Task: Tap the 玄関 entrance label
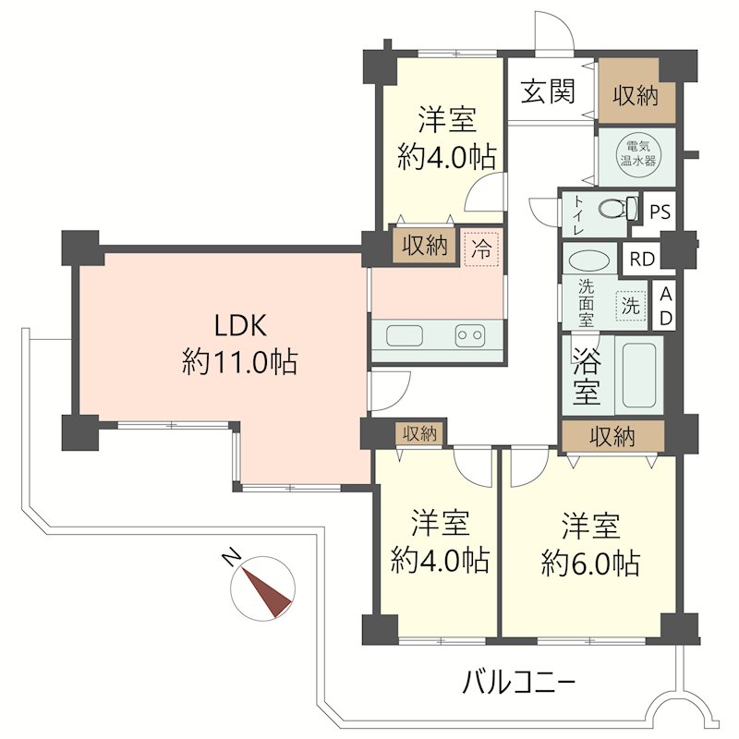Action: tap(548, 91)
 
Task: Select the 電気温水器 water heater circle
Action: tap(636, 151)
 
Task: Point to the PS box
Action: tap(659, 211)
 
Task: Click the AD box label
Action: tap(664, 305)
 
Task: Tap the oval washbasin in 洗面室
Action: tap(587, 261)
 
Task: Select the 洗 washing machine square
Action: tap(630, 306)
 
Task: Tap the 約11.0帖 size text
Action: tap(240, 363)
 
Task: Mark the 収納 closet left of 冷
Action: tap(425, 247)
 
